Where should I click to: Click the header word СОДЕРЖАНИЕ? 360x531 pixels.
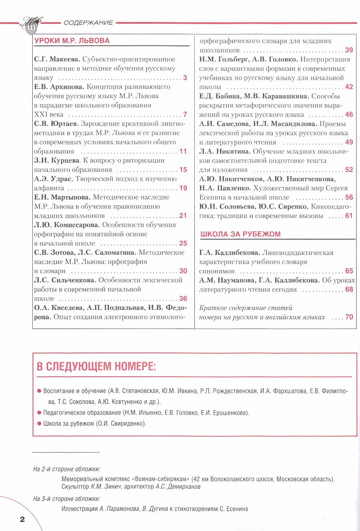pyautogui.click(x=88, y=23)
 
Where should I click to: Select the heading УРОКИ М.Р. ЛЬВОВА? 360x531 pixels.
pyautogui.click(x=72, y=41)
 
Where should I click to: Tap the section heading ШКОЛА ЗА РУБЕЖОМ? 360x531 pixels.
pyautogui.click(x=240, y=234)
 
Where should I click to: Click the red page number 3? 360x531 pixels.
pyautogui.click(x=185, y=78)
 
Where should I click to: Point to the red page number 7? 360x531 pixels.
pyautogui.click(x=185, y=114)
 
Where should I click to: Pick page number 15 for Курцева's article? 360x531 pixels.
pyautogui.click(x=183, y=169)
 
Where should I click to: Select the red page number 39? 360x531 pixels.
pyautogui.click(x=349, y=50)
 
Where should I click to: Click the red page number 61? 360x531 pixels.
pyautogui.click(x=349, y=216)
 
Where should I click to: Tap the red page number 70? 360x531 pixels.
pyautogui.click(x=349, y=317)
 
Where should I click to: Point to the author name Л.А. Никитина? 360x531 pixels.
pyautogui.click(x=225, y=151)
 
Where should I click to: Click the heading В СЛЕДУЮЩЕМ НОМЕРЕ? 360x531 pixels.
pyautogui.click(x=96, y=366)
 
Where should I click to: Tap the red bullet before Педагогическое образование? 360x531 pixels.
pyautogui.click(x=39, y=413)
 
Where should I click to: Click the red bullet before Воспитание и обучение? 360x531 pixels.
pyautogui.click(x=39, y=391)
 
